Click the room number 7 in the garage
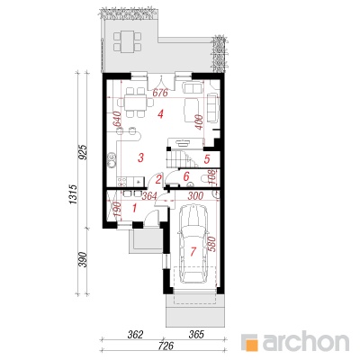tap(193, 251)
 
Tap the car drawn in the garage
tap(193, 244)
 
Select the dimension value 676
tap(160, 94)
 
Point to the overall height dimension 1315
tap(74, 195)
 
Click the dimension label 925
tap(83, 152)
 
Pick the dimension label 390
tap(83, 260)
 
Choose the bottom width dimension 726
tap(166, 346)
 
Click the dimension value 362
tap(134, 335)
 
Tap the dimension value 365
tap(195, 335)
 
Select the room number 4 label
tap(161, 114)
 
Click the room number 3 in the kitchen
tap(140, 157)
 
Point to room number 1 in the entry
tap(134, 208)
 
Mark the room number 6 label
tap(186, 176)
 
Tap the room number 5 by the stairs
tap(207, 159)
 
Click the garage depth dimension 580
tap(211, 244)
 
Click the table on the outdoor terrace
tap(128, 42)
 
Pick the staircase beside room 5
tap(181, 159)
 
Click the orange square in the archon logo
tap(249, 342)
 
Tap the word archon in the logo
tap(306, 340)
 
